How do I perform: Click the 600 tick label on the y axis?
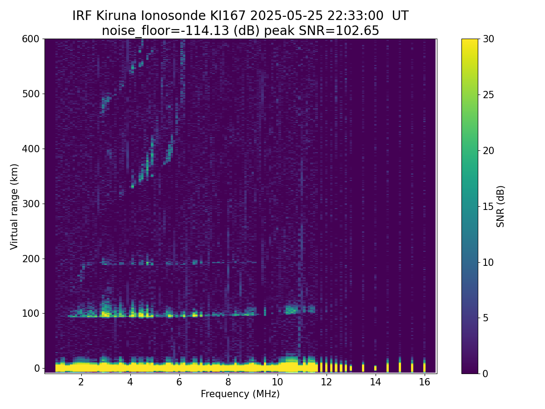click(31, 39)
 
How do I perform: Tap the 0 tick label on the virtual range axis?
click(37, 368)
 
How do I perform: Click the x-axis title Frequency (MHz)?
click(240, 394)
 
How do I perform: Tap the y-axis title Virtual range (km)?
click(15, 206)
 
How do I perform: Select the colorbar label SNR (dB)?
click(500, 206)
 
